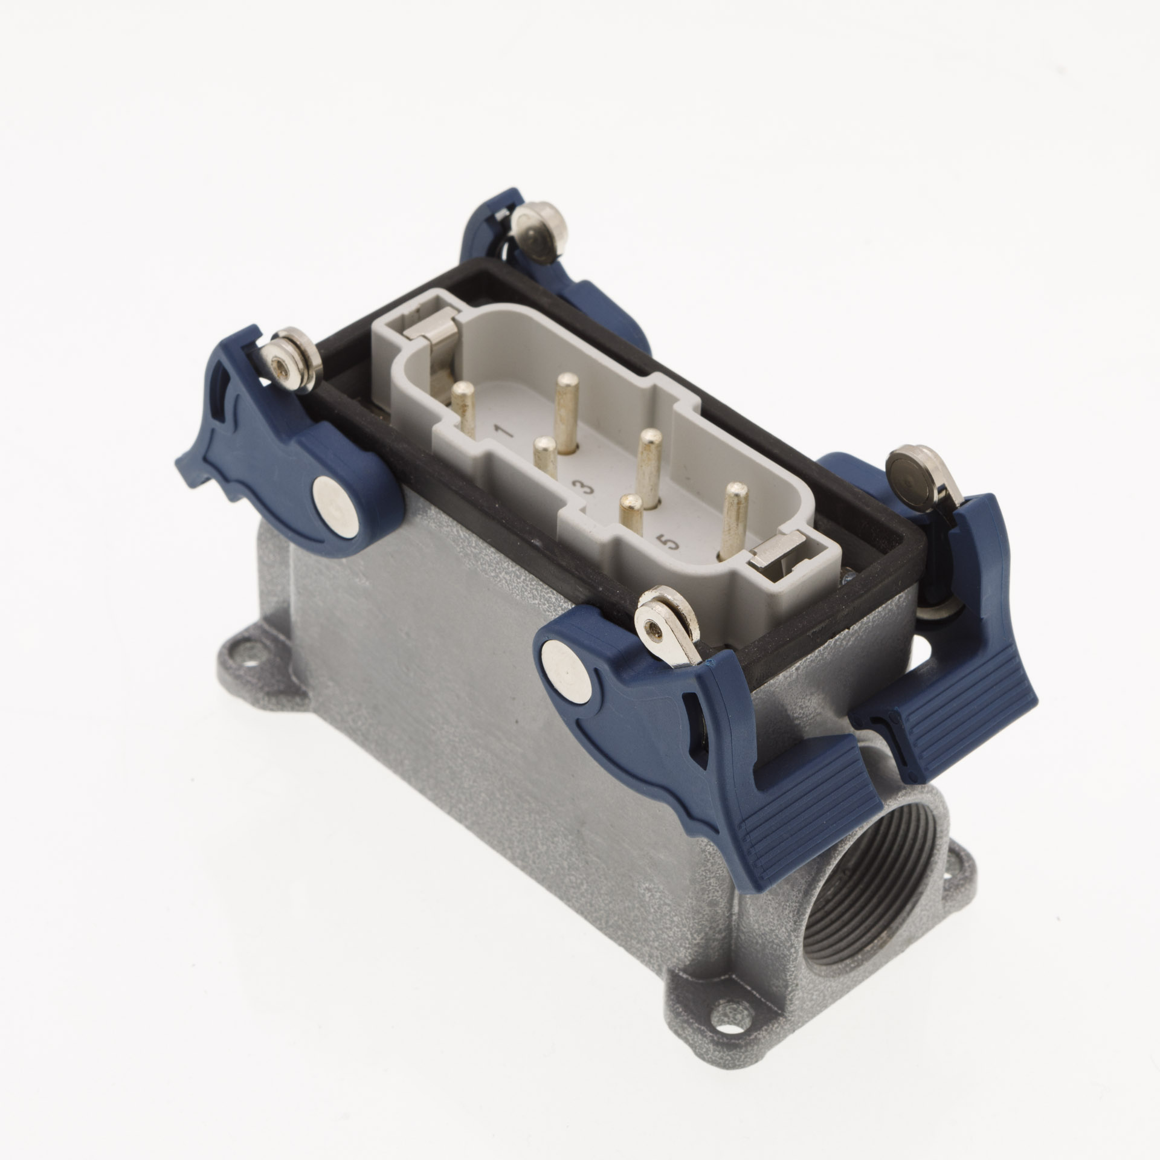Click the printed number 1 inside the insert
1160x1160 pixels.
503,431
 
